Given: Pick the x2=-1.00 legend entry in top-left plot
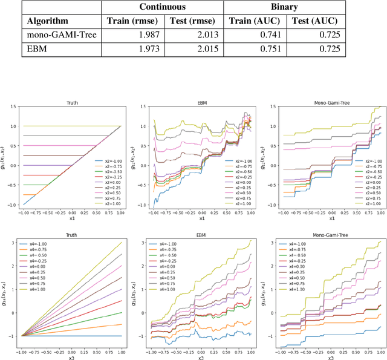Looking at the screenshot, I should coord(109,162).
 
